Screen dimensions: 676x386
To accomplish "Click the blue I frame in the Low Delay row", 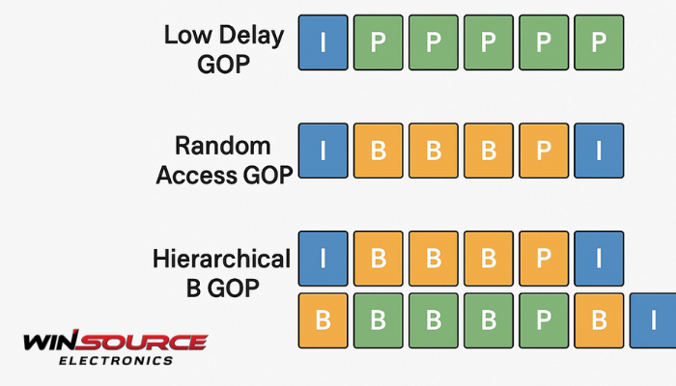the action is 323,42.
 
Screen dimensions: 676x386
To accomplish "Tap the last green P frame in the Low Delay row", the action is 599,42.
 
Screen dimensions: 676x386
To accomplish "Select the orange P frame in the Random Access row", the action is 544,151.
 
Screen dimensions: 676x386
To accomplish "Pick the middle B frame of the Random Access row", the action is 434,151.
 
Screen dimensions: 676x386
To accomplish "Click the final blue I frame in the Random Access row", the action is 599,151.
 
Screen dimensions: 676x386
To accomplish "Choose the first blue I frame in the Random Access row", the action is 323,151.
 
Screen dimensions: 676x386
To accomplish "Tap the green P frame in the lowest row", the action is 544,321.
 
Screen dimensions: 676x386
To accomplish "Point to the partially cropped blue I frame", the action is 653,321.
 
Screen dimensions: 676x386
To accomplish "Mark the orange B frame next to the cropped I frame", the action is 599,321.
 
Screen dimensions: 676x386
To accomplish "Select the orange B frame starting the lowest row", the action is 323,321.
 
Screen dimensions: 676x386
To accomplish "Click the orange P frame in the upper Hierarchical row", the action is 544,259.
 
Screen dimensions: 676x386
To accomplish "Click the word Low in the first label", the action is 186,35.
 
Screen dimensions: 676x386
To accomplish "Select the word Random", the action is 223,146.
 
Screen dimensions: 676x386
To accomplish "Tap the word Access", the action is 197,176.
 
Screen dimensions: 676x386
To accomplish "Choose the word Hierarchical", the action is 221,259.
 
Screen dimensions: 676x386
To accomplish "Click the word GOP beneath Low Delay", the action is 224,65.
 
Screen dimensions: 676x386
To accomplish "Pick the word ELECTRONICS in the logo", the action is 116,361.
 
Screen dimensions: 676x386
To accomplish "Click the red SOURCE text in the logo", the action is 143,342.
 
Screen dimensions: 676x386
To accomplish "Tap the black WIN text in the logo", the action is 51,342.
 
